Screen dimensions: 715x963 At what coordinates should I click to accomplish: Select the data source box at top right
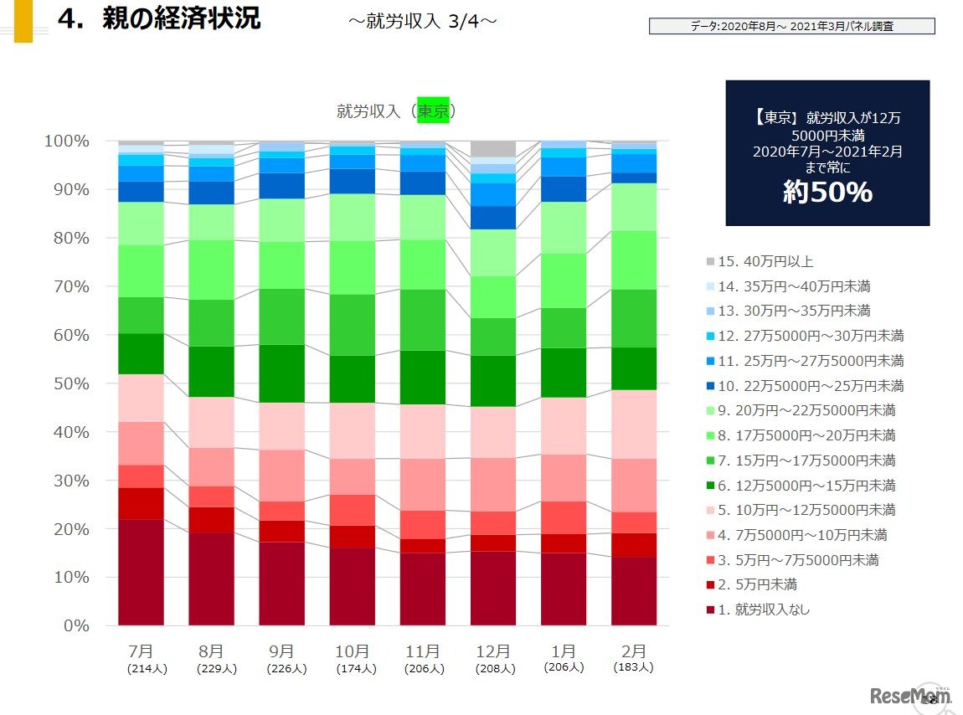pyautogui.click(x=791, y=27)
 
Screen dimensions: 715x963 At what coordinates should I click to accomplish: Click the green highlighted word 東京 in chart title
pyautogui.click(x=434, y=111)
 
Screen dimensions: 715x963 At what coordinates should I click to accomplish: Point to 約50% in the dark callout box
pyautogui.click(x=827, y=193)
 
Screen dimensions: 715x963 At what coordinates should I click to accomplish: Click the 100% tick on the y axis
pyautogui.click(x=66, y=141)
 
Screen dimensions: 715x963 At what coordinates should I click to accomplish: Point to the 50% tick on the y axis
pyautogui.click(x=70, y=383)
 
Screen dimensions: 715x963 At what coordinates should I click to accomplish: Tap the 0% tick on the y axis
pyautogui.click(x=75, y=625)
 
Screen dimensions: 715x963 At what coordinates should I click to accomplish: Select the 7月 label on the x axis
pyautogui.click(x=141, y=651)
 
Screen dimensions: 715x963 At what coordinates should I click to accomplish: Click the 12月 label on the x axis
pyautogui.click(x=492, y=651)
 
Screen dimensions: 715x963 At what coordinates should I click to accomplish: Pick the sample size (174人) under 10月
pyautogui.click(x=352, y=669)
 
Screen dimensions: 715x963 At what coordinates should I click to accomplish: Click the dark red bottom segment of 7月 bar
pyautogui.click(x=141, y=572)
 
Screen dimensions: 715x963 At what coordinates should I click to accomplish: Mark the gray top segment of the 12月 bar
pyautogui.click(x=492, y=149)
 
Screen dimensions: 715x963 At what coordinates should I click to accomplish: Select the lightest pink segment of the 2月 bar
pyautogui.click(x=634, y=424)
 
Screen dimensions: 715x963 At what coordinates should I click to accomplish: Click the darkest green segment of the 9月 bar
pyautogui.click(x=281, y=373)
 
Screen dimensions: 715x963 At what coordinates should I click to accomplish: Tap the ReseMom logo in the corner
pyautogui.click(x=911, y=695)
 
